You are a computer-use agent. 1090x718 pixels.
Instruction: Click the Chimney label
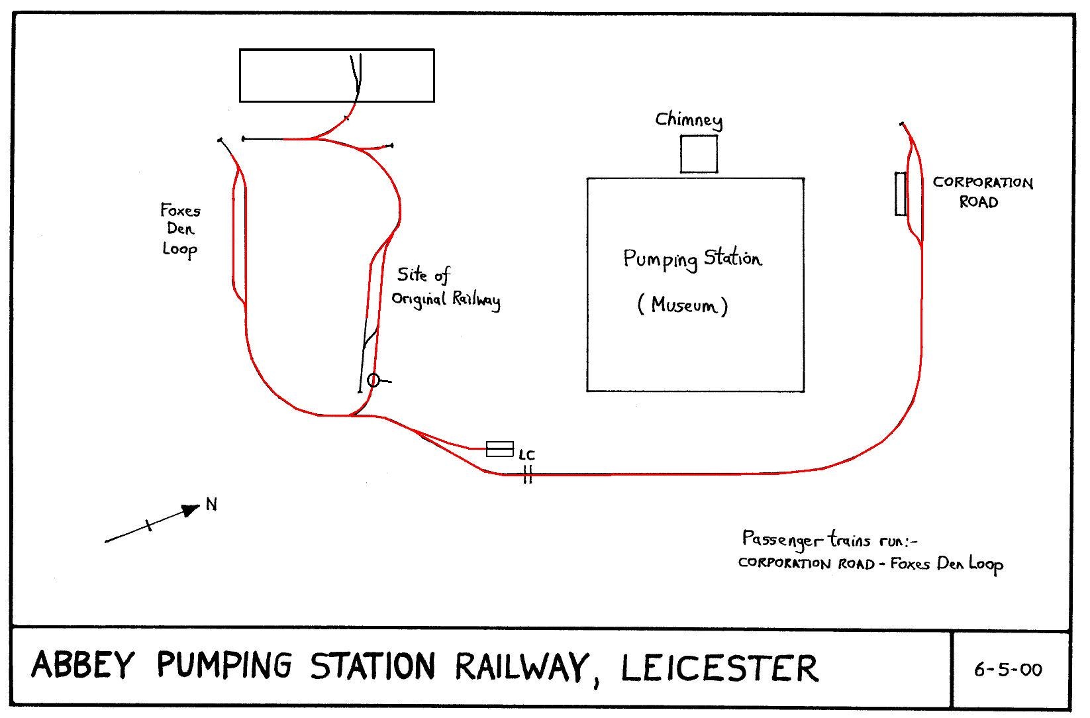(x=689, y=120)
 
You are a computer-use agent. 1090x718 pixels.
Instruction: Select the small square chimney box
(x=699, y=154)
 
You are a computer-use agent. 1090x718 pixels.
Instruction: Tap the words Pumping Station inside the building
(x=692, y=258)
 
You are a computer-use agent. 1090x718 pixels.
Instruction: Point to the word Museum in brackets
(x=683, y=305)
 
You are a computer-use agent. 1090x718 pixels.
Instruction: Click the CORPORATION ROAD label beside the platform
(x=982, y=192)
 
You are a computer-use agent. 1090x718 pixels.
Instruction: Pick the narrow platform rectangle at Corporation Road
(x=901, y=193)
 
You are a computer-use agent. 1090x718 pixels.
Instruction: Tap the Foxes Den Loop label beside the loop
(x=180, y=230)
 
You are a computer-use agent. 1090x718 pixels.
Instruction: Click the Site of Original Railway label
(x=445, y=287)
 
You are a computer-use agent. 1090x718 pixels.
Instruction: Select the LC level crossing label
(x=527, y=455)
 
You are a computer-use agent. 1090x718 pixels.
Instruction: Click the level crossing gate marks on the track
(x=528, y=474)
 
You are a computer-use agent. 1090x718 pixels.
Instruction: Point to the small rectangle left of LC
(x=500, y=448)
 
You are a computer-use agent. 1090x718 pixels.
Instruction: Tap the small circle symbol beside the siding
(x=373, y=380)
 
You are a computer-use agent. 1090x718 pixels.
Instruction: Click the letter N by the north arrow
(x=211, y=505)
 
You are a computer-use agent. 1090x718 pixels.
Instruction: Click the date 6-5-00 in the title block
(x=1008, y=670)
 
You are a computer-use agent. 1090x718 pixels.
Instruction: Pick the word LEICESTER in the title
(x=719, y=667)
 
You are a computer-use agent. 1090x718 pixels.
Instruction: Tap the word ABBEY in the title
(x=83, y=665)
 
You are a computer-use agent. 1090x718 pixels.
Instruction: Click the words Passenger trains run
(x=828, y=540)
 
